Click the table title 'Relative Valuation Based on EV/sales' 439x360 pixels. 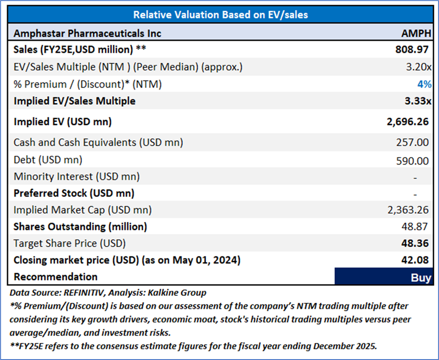pos(220,15)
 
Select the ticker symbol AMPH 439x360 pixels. pos(416,33)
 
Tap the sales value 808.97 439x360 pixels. pos(412,50)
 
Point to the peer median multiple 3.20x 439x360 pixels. pos(418,67)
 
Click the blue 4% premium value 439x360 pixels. pos(424,84)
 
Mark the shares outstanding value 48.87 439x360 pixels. pos(417,227)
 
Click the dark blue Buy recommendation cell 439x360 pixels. pos(383,277)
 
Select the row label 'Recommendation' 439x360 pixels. pos(56,277)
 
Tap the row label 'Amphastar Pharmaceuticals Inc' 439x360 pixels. pos(87,33)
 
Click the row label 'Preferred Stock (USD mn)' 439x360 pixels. pos(74,193)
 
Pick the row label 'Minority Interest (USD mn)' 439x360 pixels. pos(77,176)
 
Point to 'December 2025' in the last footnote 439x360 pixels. pos(346,346)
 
